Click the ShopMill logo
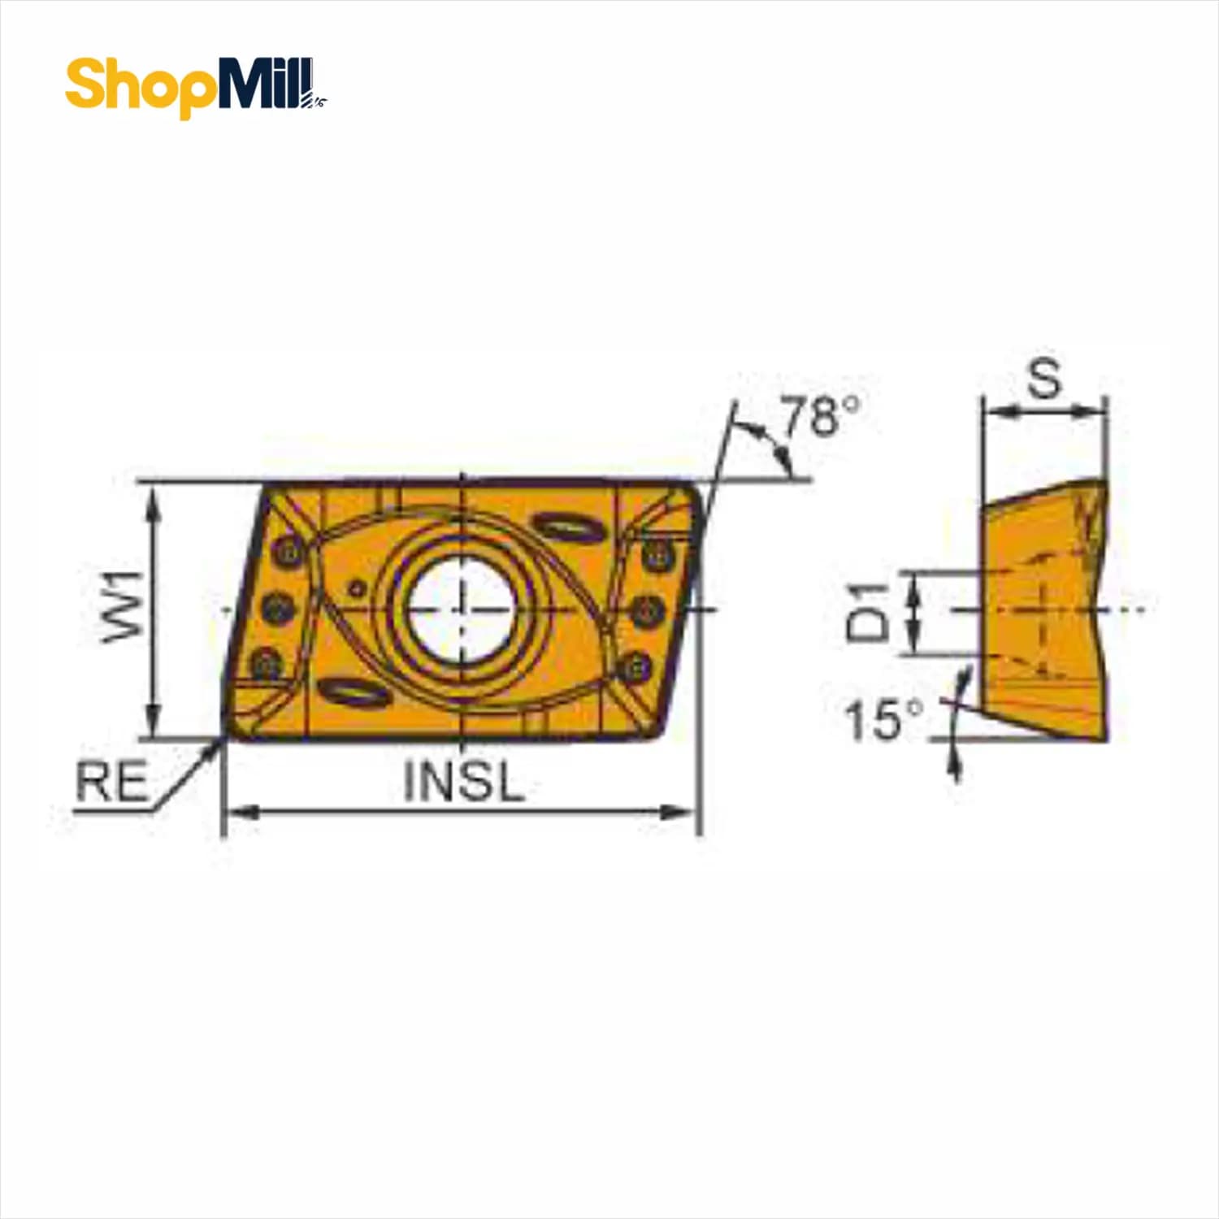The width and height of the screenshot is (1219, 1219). [x=196, y=88]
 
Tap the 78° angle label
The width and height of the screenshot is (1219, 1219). [x=820, y=416]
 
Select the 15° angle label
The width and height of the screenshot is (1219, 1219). [x=884, y=718]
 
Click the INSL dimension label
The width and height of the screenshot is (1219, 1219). [x=463, y=783]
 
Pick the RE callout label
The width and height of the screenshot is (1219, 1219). [x=112, y=782]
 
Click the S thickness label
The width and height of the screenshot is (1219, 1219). [x=1044, y=379]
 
